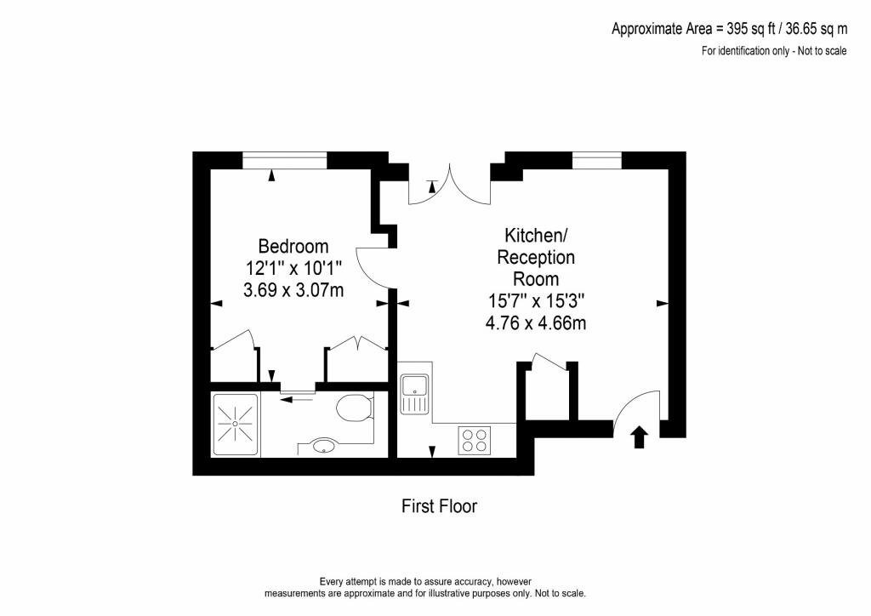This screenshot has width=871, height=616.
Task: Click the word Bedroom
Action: point(293,246)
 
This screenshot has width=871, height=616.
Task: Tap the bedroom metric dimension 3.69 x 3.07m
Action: point(293,289)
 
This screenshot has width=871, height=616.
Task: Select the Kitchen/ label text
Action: point(536,236)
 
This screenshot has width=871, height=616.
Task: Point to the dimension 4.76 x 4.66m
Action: point(536,322)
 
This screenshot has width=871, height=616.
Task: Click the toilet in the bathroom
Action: point(355,408)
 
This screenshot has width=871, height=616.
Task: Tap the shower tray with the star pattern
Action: point(236,425)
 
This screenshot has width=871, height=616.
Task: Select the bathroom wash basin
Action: point(324,446)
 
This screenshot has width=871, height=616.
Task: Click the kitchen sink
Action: point(415,394)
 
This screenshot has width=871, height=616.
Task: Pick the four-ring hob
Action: point(475,440)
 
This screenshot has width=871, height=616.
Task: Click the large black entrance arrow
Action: point(640,436)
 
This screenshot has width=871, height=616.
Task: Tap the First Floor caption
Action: point(440,506)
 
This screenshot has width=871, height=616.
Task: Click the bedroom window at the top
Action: point(284,160)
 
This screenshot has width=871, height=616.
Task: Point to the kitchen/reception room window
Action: point(596,160)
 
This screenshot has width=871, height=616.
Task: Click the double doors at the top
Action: point(450,185)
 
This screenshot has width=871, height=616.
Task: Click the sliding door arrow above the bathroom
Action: point(297,398)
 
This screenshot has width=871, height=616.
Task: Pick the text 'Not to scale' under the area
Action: point(822,51)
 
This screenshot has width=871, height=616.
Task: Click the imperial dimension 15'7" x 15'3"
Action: point(536,301)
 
